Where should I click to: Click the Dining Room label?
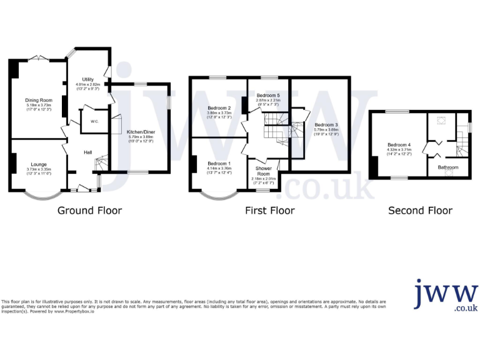click(38, 100)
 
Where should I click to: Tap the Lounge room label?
click(37, 164)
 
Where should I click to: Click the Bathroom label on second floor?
click(447, 167)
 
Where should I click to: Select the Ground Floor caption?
click(89, 211)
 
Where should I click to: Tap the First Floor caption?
click(269, 211)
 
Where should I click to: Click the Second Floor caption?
click(420, 211)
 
